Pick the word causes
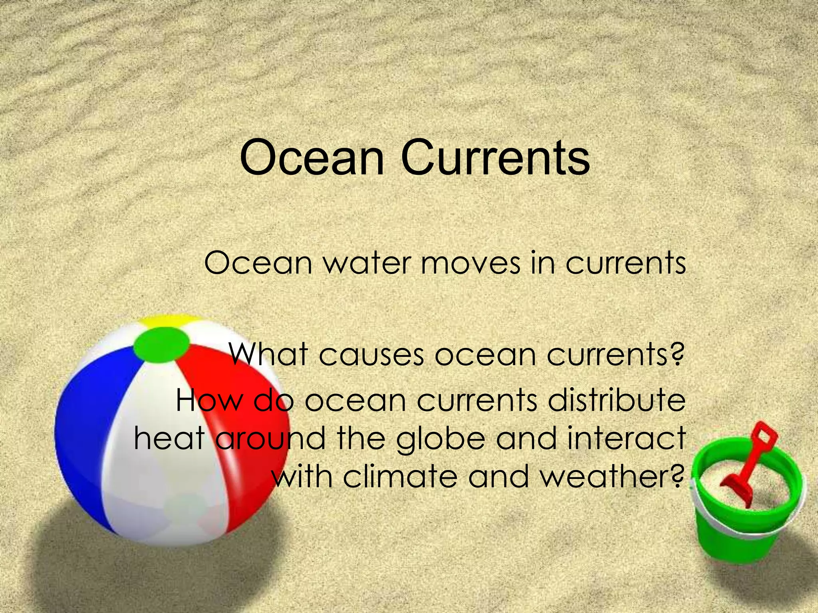pos(371,355)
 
